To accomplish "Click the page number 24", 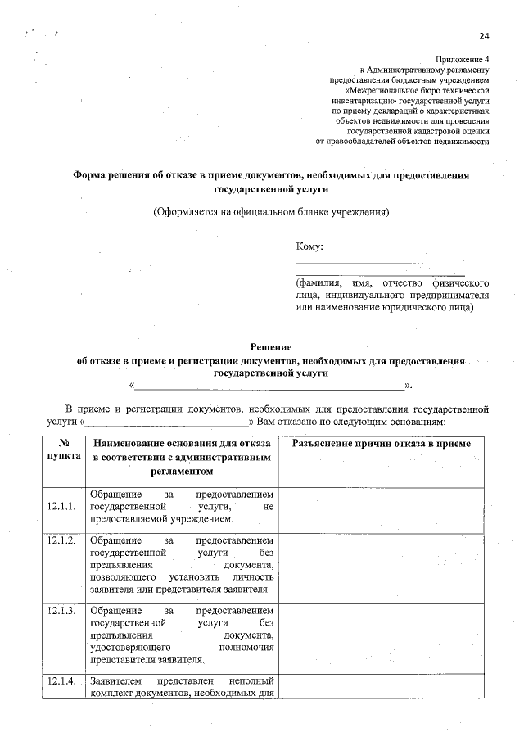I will tap(484, 36).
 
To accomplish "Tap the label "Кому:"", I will tap(309, 246).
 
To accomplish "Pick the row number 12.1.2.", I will tap(62, 541).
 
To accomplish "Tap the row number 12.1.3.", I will tap(62, 611).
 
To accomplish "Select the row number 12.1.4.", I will tap(62, 681).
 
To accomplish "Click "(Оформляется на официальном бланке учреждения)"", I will tap(271, 212).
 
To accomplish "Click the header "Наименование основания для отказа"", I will tap(182, 444).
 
